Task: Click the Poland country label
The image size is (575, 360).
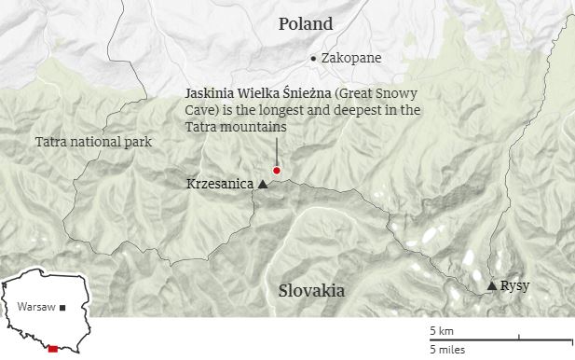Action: click(305, 24)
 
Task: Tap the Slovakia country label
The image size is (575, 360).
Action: click(311, 291)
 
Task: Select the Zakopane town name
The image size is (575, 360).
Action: click(350, 58)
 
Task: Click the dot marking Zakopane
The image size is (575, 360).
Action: click(313, 58)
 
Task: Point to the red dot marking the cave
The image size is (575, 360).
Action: click(276, 171)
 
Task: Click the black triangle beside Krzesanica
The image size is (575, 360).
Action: click(263, 185)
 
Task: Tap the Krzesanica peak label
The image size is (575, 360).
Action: click(220, 185)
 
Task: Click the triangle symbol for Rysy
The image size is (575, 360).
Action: click(492, 285)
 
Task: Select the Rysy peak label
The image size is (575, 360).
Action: click(514, 285)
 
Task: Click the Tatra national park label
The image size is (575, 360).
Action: click(92, 142)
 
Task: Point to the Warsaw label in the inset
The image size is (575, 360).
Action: click(35, 306)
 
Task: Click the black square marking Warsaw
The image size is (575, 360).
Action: click(62, 307)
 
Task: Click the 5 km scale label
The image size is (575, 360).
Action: click(441, 331)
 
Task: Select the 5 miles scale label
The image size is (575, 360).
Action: click(447, 350)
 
